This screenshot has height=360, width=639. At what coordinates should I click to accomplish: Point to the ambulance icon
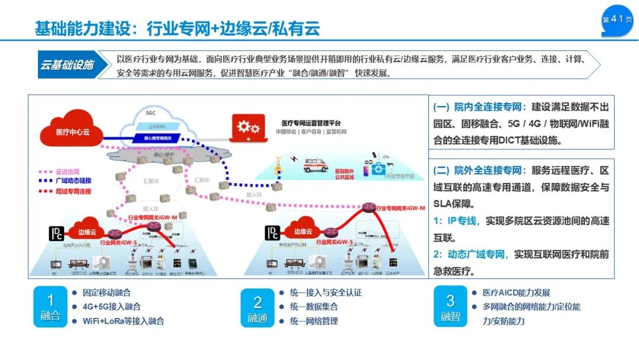[315, 164]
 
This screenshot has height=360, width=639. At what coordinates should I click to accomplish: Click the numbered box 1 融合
[50, 307]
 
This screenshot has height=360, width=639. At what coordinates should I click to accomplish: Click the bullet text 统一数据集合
[314, 307]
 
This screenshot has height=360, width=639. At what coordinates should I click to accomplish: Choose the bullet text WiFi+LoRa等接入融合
[124, 321]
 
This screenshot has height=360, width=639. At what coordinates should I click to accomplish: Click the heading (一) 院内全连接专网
[479, 107]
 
